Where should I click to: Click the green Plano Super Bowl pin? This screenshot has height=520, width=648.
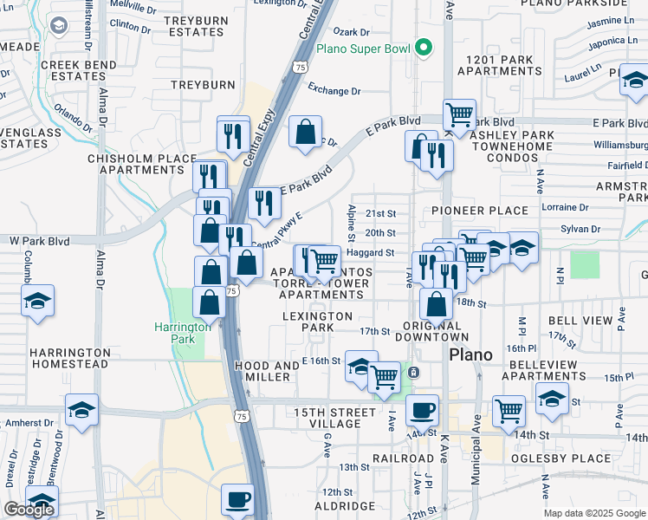[423, 48]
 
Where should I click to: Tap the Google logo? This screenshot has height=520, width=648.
[29, 510]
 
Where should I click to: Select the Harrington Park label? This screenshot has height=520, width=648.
[182, 333]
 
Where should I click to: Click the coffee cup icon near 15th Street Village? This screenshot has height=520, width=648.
[422, 409]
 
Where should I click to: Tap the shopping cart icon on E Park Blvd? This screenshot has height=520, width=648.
[458, 114]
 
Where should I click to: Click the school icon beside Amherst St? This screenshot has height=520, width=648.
[81, 410]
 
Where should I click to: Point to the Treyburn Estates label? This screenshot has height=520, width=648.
[196, 26]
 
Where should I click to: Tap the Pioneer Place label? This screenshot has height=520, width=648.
[479, 211]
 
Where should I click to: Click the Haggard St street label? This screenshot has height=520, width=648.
[370, 253]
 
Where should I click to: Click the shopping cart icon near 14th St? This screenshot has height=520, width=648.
[509, 410]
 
